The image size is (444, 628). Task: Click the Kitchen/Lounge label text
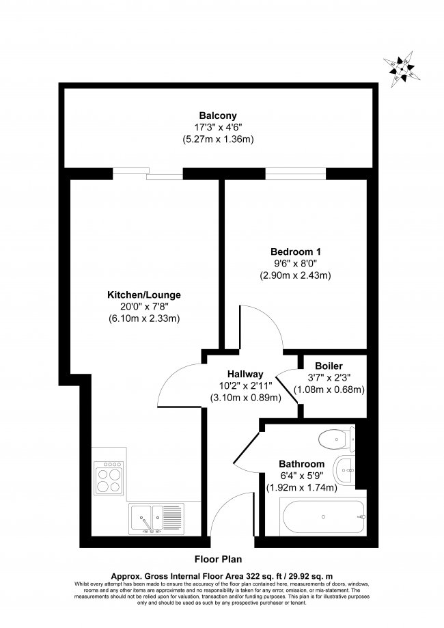point(143,295)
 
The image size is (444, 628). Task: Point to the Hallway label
point(245,374)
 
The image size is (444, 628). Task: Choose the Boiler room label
point(329,366)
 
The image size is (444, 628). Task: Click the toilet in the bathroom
point(341,438)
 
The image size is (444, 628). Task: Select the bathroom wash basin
point(345,469)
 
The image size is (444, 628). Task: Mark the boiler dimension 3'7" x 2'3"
point(329,378)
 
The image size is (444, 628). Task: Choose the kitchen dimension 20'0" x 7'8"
point(143,308)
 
